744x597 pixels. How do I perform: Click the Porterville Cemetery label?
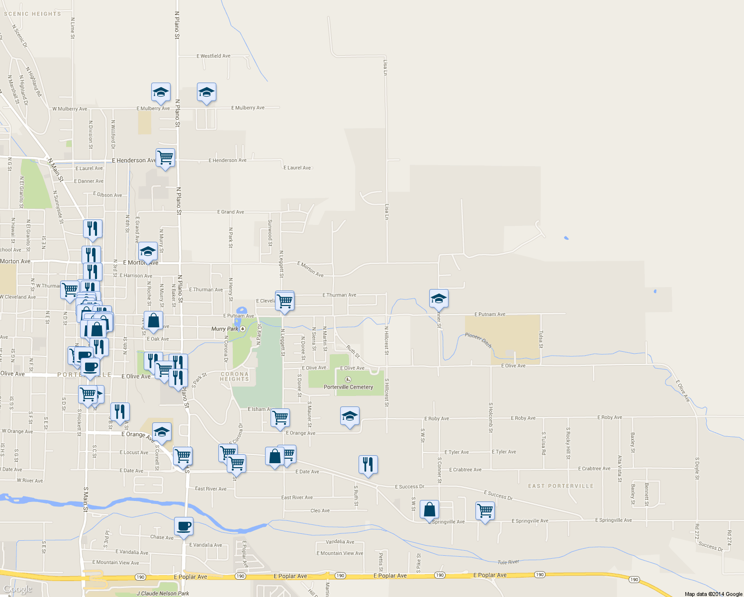[x=348, y=387]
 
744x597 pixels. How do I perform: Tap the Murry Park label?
[x=225, y=329]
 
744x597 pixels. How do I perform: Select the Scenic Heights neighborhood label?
[x=32, y=14]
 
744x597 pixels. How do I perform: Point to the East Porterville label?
[x=560, y=486]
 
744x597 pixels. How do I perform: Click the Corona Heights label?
[x=234, y=377]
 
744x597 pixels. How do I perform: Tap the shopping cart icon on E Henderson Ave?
[x=165, y=158]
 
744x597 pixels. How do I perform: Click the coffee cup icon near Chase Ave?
[x=184, y=526]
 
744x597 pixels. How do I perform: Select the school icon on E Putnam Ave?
[x=439, y=298]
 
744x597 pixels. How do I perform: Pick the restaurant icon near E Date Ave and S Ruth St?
[x=368, y=465]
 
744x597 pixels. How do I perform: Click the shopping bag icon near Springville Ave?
[x=429, y=509]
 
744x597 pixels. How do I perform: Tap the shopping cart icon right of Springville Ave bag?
[x=485, y=510]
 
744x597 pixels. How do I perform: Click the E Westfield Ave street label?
[x=213, y=56]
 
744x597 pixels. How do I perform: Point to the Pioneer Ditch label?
[x=478, y=340]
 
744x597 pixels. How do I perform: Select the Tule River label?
[x=508, y=562]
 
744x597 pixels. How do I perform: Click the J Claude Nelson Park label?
[x=163, y=593]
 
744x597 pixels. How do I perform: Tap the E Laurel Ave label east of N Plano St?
[x=297, y=168]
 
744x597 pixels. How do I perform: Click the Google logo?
[x=17, y=590]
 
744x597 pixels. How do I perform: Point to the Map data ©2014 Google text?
[x=713, y=594]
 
